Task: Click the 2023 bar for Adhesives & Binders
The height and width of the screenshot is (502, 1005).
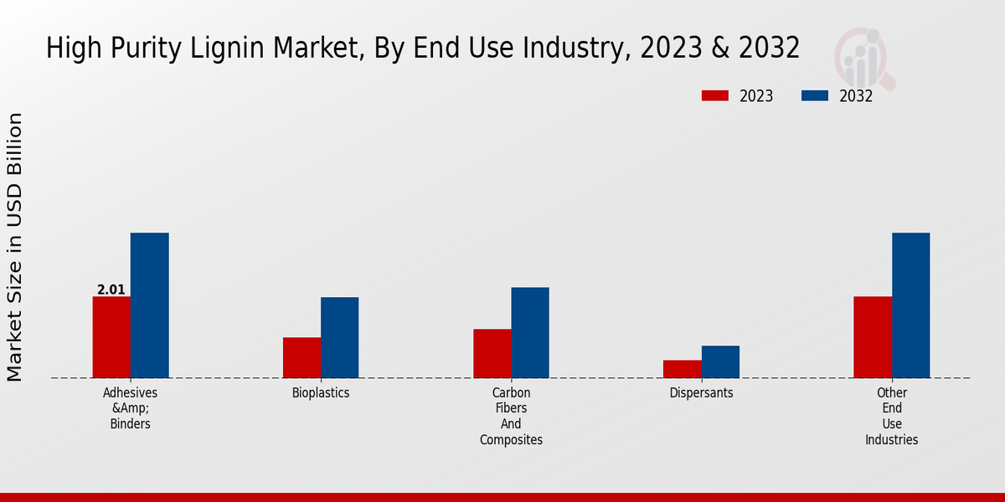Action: pos(111,337)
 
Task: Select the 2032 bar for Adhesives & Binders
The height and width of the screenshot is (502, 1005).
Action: pos(150,305)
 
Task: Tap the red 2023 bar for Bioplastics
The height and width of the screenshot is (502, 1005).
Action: pos(301,357)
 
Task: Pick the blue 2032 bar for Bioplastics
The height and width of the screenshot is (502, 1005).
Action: pos(340,337)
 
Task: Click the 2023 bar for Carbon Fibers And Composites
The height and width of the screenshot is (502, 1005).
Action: pos(492,353)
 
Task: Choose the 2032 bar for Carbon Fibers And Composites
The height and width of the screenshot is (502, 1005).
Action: pos(530,332)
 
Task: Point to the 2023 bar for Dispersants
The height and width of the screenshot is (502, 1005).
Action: pos(683,369)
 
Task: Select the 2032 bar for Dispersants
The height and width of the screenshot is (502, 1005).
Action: pos(720,361)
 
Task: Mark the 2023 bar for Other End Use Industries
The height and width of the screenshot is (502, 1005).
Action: pos(873,337)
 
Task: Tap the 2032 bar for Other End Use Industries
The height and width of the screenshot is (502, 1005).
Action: pos(911,305)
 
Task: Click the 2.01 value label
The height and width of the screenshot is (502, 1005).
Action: pos(111,290)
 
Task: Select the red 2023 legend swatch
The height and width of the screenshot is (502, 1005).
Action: pos(715,96)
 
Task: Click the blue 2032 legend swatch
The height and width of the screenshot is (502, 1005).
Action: pos(815,96)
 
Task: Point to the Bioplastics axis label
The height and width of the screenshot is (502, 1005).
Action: pos(321,392)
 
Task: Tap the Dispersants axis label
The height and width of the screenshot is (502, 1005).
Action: pos(702,392)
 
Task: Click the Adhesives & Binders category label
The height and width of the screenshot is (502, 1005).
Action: pos(130,407)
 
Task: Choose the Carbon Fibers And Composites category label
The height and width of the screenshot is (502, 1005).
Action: pos(511,416)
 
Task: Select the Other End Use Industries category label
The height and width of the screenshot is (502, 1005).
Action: pos(892,416)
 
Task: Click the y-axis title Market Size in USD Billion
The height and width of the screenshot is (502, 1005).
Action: pos(15,247)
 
